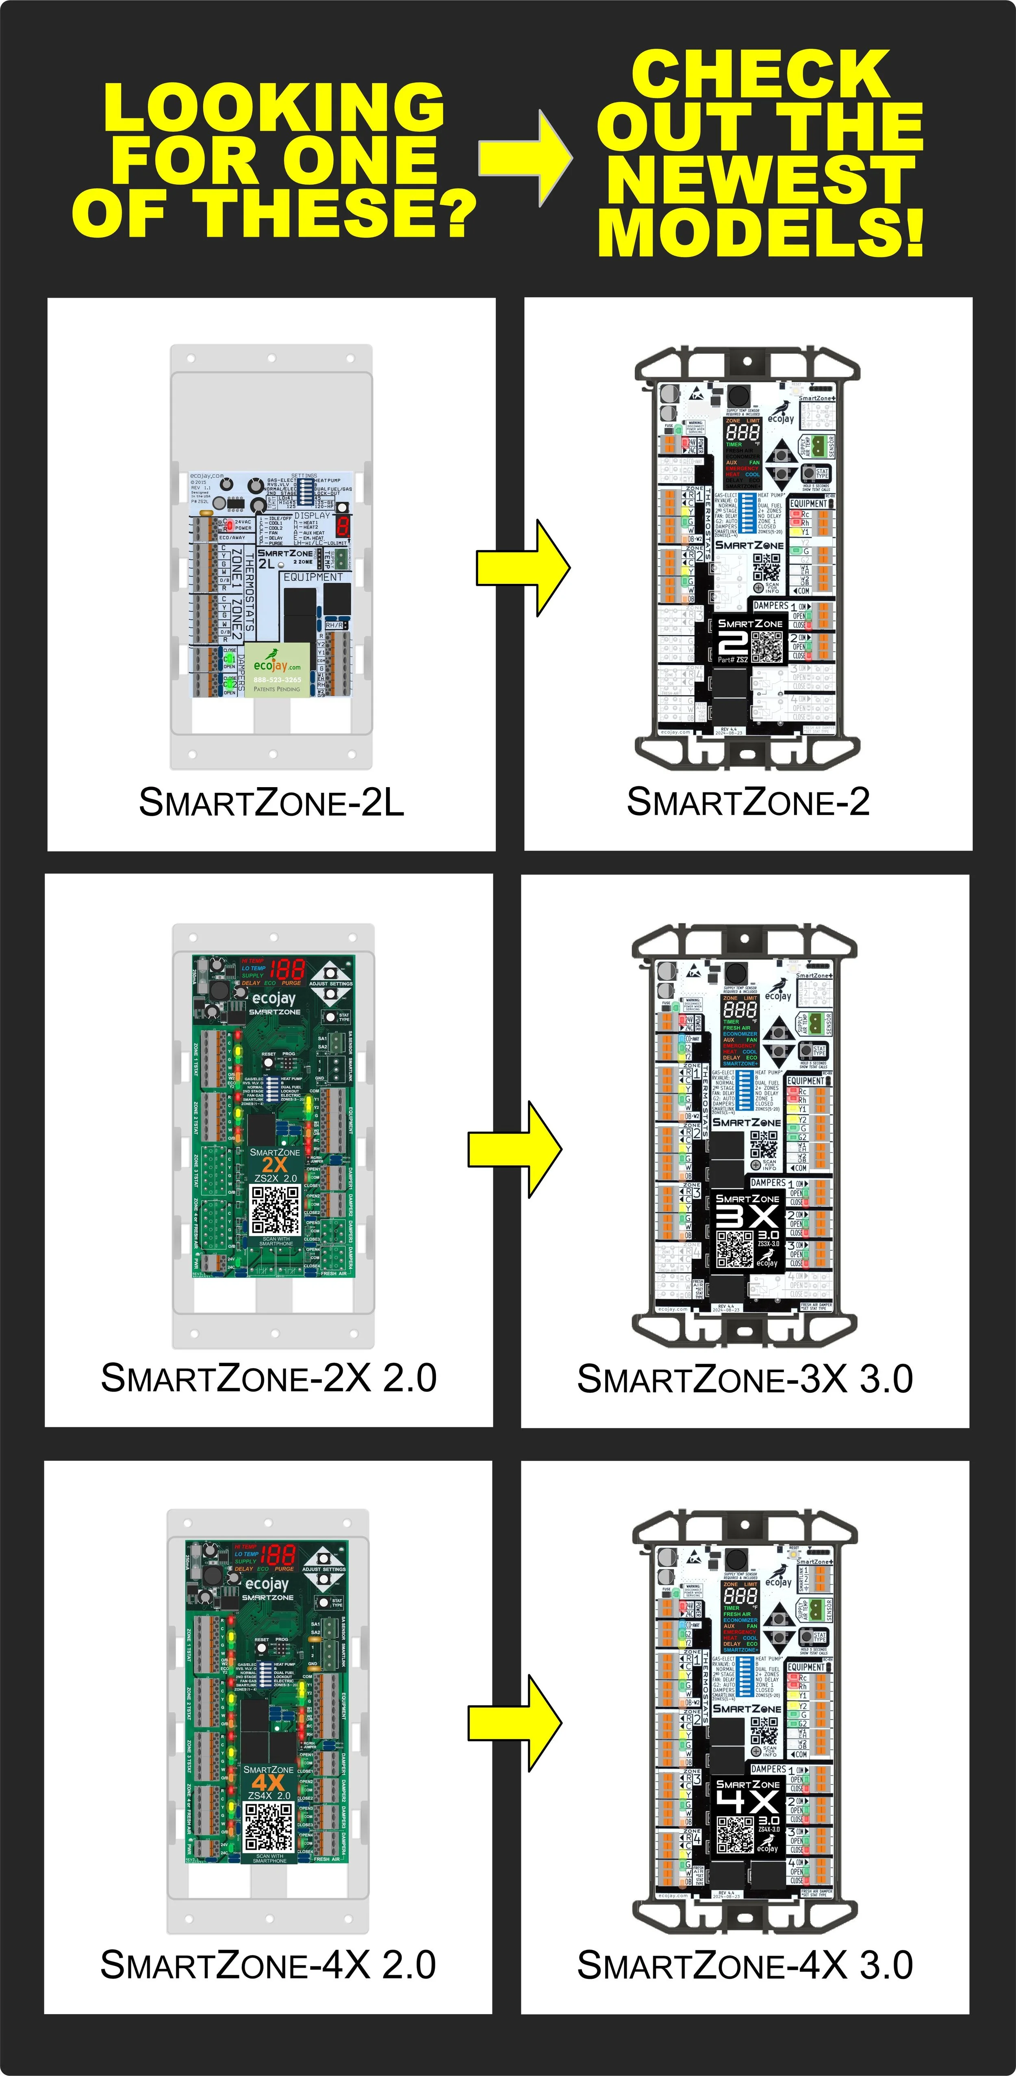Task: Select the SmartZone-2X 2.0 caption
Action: [268, 1378]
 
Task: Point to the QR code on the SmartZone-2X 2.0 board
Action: [275, 1209]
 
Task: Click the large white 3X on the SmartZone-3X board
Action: [747, 1218]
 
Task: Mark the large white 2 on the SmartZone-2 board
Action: [732, 643]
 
